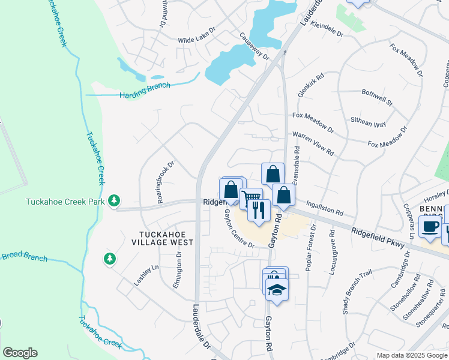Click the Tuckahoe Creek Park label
(x=65, y=202)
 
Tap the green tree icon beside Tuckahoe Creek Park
(x=114, y=201)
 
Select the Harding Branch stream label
(x=145, y=91)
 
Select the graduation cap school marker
(x=277, y=289)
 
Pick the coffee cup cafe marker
(x=430, y=226)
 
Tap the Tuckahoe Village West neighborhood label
(x=163, y=238)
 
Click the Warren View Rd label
(x=313, y=143)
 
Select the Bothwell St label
(x=377, y=98)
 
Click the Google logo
(x=20, y=353)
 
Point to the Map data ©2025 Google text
(x=411, y=356)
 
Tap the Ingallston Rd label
(x=324, y=208)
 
